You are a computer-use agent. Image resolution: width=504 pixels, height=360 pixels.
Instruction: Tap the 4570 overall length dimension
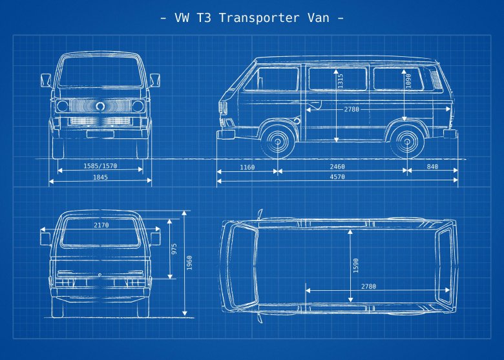(337, 176)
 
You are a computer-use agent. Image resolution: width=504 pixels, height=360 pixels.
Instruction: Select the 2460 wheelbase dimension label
(337, 167)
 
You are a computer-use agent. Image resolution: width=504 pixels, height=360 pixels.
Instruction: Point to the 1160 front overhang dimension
(247, 167)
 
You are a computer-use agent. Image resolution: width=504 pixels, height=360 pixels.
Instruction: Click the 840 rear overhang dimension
(432, 167)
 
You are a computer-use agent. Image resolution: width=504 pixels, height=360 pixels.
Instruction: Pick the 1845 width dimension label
(100, 176)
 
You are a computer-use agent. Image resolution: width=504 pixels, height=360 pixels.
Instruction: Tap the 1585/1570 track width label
(100, 166)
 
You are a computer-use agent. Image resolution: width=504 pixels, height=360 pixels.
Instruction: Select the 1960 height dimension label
(189, 262)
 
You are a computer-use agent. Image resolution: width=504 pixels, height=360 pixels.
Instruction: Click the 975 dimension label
(174, 249)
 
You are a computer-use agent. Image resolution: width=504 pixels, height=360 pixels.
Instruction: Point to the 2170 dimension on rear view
(101, 226)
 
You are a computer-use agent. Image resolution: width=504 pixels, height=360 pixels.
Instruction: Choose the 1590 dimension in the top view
(355, 266)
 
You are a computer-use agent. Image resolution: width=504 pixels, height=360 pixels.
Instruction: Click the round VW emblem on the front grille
(101, 105)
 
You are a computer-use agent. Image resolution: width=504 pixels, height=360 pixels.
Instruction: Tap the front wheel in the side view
(278, 141)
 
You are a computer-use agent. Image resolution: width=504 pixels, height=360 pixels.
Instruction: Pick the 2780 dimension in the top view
(368, 286)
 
